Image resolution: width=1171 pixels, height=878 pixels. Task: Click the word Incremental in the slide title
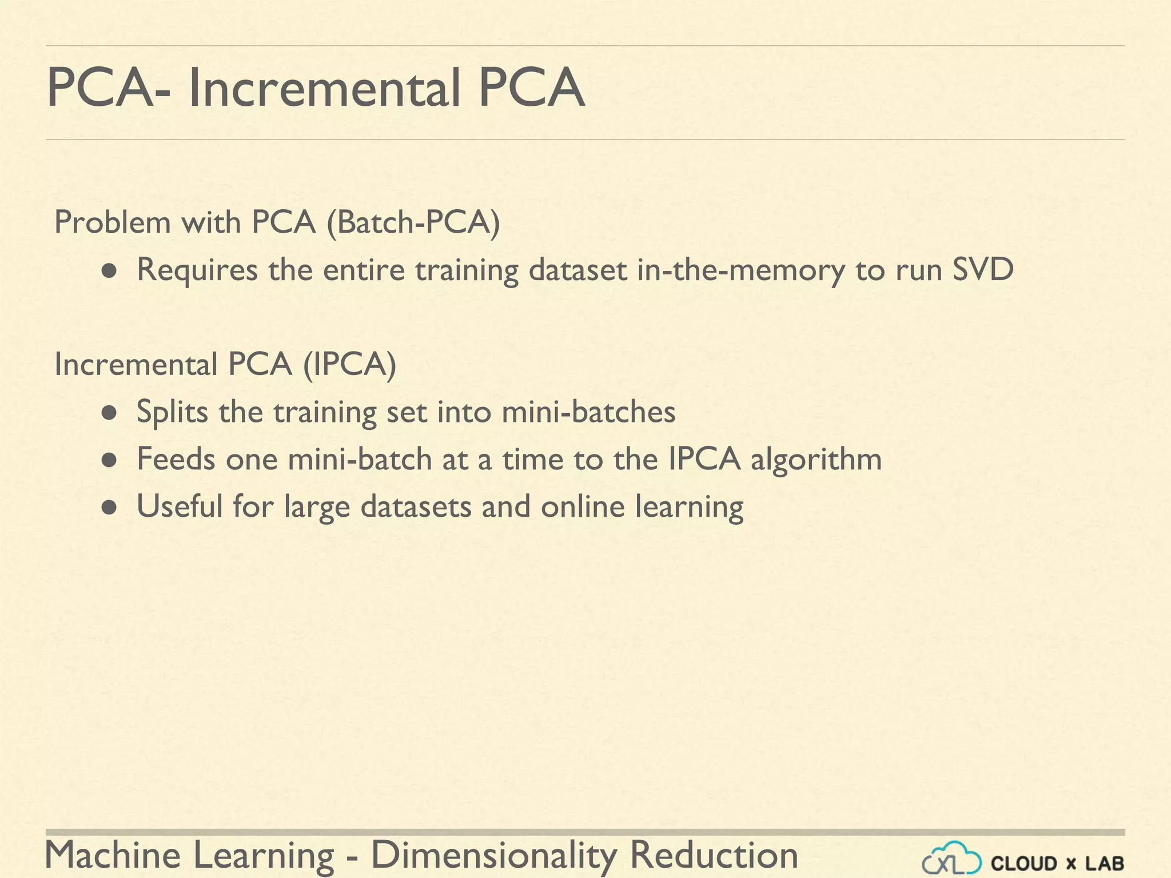324,89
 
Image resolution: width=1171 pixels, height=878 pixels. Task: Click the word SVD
983,269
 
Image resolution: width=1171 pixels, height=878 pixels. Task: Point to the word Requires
197,270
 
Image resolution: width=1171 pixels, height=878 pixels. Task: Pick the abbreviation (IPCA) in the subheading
349,364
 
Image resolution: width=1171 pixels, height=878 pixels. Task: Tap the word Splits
172,412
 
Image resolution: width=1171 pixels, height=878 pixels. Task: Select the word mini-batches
588,412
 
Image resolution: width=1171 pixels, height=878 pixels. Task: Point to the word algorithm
816,460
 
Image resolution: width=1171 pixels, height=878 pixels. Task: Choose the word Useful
180,506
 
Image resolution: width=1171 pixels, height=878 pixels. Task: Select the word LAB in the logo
1105,863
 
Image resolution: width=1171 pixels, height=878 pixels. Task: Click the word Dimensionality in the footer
494,855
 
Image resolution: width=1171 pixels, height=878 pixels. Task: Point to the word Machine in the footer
113,855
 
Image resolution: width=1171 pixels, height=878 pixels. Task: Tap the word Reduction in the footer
714,855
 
